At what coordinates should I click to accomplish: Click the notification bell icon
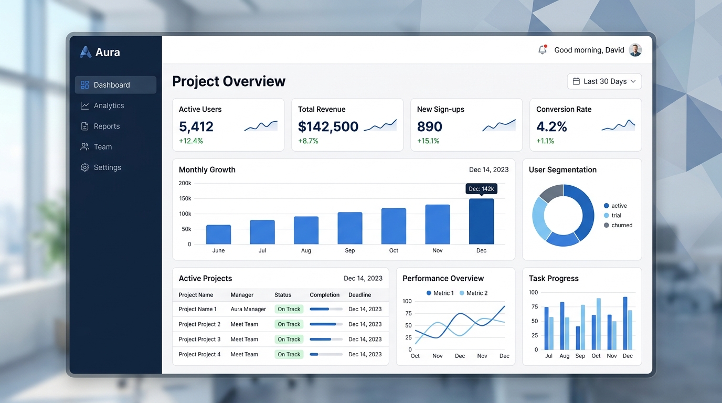click(543, 50)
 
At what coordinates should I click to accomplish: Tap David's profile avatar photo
click(635, 50)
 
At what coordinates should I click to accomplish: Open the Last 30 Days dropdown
click(604, 81)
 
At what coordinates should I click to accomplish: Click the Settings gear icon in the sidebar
click(85, 167)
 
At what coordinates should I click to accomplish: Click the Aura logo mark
click(86, 52)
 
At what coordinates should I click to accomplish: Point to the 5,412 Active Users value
click(196, 126)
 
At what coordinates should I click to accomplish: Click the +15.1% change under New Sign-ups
click(428, 141)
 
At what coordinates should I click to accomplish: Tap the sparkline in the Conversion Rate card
click(618, 125)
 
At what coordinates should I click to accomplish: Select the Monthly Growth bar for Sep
click(349, 228)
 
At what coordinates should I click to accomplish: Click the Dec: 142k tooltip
click(481, 188)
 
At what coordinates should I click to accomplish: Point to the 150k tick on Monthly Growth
click(185, 198)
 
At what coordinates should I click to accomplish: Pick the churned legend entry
click(618, 225)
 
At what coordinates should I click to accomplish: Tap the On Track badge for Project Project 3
click(289, 339)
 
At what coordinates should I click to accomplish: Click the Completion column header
click(325, 295)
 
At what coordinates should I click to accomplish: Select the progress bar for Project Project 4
click(326, 354)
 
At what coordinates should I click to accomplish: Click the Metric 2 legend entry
click(473, 293)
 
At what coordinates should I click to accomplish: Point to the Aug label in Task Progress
click(564, 356)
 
